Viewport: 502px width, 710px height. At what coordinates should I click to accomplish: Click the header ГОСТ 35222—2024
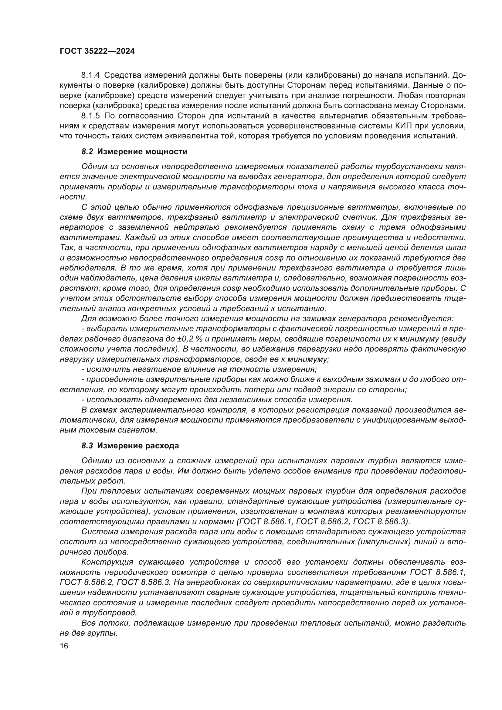pos(97,51)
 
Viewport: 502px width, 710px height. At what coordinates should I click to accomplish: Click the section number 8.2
pos(87,151)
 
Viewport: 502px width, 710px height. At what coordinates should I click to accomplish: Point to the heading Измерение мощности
pos(142,151)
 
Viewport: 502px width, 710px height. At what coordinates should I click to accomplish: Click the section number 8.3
pos(87,446)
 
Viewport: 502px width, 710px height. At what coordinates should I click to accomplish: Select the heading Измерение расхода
pos(138,446)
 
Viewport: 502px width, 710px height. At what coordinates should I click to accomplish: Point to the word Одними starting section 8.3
pos(97,461)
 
